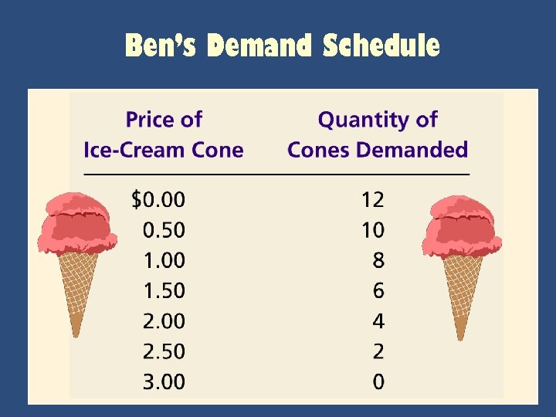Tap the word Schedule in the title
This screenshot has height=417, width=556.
pyautogui.click(x=381, y=46)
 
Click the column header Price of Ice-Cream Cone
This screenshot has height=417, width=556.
pyautogui.click(x=163, y=134)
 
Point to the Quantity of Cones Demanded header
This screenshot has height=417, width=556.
pyautogui.click(x=377, y=134)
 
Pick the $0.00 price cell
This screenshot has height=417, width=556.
pyautogui.click(x=158, y=200)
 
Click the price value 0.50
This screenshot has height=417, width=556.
pyautogui.click(x=164, y=230)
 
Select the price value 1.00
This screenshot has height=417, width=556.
pyautogui.click(x=164, y=260)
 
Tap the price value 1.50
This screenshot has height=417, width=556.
pyautogui.click(x=164, y=291)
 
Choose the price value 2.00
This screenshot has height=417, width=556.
pyautogui.click(x=164, y=321)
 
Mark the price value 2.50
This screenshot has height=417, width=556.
pyautogui.click(x=164, y=351)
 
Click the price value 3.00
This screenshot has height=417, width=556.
pyautogui.click(x=164, y=381)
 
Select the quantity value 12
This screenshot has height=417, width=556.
pyautogui.click(x=372, y=200)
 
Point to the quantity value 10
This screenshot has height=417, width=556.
pyautogui.click(x=372, y=230)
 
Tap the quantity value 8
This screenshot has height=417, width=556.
pyautogui.click(x=378, y=260)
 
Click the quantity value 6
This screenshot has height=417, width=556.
pyautogui.click(x=378, y=291)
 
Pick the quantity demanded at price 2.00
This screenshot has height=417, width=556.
pyautogui.click(x=378, y=321)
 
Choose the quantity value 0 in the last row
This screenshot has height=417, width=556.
pyautogui.click(x=378, y=381)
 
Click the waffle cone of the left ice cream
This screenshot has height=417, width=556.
pyautogui.click(x=76, y=286)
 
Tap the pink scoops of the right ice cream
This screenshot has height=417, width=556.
pyautogui.click(x=462, y=224)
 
